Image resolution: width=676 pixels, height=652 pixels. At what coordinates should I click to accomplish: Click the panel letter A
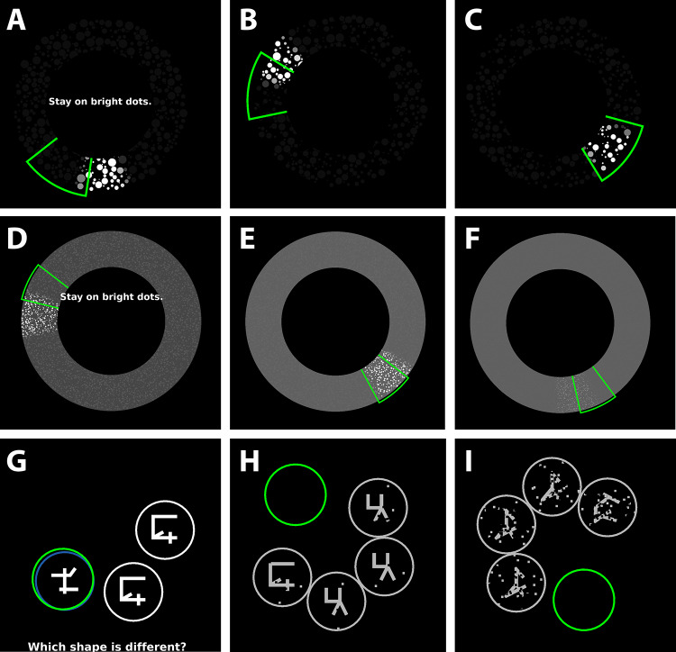pyautogui.click(x=16, y=20)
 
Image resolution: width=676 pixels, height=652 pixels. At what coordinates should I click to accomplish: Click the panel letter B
pyautogui.click(x=248, y=20)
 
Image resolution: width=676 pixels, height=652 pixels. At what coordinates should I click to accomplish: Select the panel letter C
pyautogui.click(x=472, y=20)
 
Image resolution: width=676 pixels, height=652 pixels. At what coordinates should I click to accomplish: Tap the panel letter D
pyautogui.click(x=18, y=240)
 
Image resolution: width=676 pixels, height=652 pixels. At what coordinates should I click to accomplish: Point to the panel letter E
pyautogui.click(x=247, y=240)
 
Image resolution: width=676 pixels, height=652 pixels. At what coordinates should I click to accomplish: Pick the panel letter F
pyautogui.click(x=471, y=240)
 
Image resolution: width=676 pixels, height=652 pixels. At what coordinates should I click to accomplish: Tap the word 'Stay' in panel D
pyautogui.click(x=72, y=296)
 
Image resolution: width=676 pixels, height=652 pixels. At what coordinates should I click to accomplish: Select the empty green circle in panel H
pyautogui.click(x=295, y=494)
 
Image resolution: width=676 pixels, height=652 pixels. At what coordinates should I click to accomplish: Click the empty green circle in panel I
pyautogui.click(x=583, y=599)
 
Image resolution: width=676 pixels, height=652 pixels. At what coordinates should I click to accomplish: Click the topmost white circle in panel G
pyautogui.click(x=164, y=529)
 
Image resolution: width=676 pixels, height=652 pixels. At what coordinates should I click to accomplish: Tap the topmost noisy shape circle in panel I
pyautogui.click(x=553, y=487)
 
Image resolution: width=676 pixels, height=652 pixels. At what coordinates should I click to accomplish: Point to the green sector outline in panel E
pyautogui.click(x=384, y=378)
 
